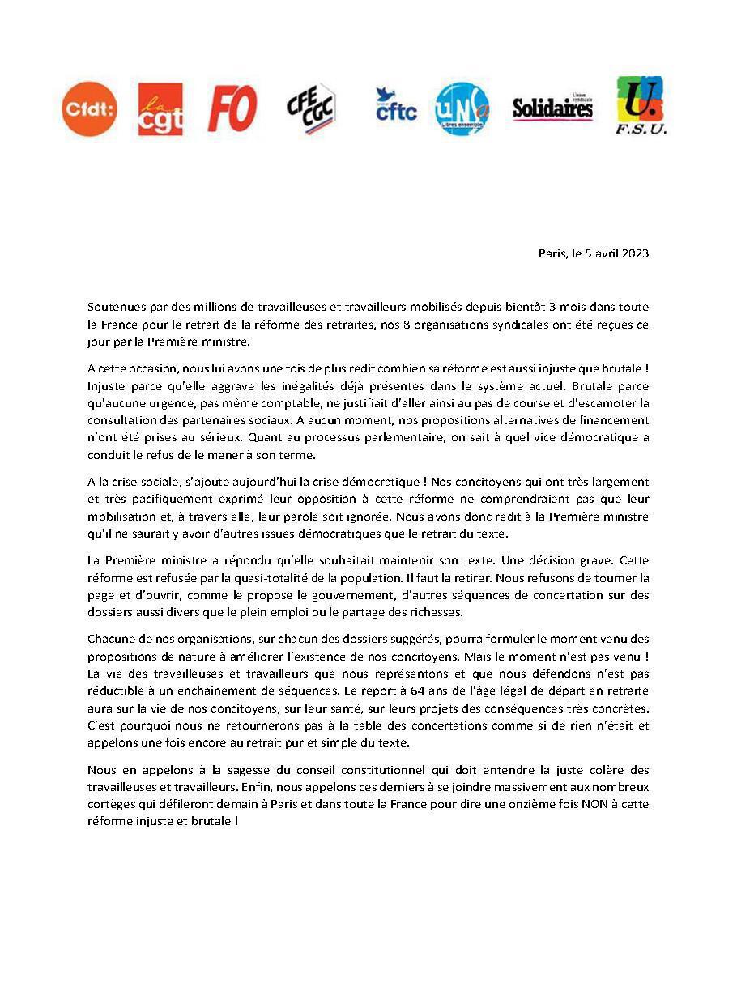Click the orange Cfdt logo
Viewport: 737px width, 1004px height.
[89, 109]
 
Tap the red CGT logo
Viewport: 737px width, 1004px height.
[160, 109]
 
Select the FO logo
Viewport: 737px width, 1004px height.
[232, 108]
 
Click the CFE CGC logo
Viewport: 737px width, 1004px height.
[312, 109]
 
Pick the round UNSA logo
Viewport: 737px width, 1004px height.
[462, 109]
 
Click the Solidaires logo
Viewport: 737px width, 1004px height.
[552, 108]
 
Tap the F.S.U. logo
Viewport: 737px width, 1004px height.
[640, 106]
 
